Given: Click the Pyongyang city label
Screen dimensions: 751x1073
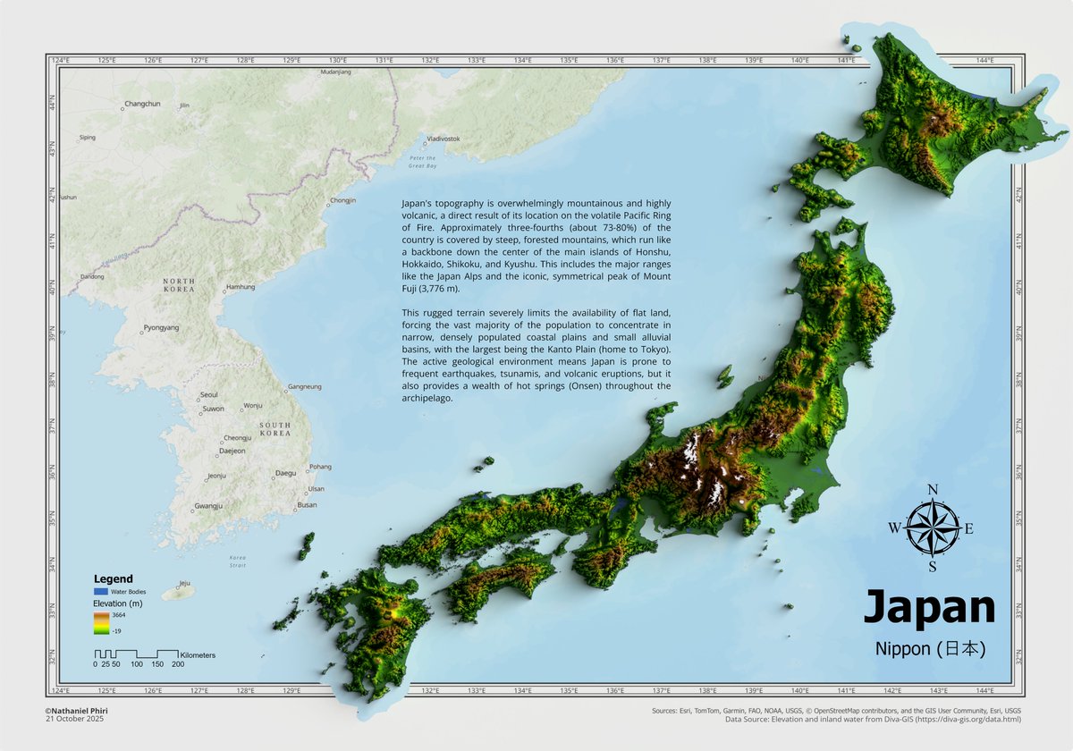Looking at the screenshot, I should (162, 328).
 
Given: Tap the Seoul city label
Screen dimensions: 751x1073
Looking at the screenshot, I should (209, 394).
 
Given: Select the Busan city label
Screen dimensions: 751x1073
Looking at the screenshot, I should (307, 505).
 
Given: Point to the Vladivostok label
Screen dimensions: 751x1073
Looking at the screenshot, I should (443, 139).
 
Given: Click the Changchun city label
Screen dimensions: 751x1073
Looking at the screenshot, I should (142, 105).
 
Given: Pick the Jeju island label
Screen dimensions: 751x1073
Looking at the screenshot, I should (185, 582).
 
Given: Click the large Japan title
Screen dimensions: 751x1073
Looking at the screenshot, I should (928, 608).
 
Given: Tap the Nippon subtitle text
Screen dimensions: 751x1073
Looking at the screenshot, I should (930, 649).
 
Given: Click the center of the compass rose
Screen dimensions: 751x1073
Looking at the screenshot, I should (932, 527).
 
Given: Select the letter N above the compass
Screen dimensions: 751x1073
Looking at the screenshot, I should (932, 490).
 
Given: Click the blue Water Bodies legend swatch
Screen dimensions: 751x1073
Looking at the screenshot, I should (101, 592).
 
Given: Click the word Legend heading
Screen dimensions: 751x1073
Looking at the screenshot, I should (113, 579).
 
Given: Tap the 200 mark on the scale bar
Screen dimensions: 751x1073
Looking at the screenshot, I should (178, 664).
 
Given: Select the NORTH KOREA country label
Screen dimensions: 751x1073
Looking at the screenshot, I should (178, 286).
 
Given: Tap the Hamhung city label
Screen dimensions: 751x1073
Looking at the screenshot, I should (241, 287).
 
